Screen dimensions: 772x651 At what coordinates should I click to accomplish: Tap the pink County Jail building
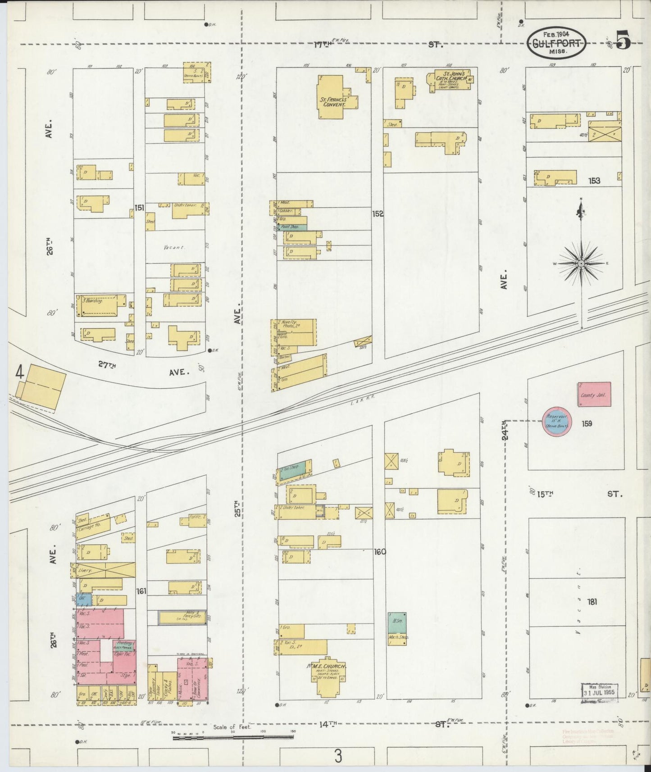click(594, 395)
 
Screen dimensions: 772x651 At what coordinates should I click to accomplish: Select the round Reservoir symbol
click(556, 422)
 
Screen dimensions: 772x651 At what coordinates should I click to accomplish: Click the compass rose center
click(581, 263)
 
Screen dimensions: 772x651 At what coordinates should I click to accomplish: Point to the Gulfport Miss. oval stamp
click(558, 43)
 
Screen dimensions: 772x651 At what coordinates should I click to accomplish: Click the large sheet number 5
click(624, 41)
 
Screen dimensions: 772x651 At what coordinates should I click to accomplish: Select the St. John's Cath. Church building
click(451, 80)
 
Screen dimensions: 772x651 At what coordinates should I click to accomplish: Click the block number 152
click(378, 213)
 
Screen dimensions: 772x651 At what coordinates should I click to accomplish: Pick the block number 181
click(592, 601)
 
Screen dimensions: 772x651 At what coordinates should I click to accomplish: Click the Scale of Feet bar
click(233, 737)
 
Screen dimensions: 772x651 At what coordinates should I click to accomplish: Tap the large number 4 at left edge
click(19, 372)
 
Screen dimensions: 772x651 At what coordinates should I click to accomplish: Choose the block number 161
click(141, 590)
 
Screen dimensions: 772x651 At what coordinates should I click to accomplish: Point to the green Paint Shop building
click(292, 227)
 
